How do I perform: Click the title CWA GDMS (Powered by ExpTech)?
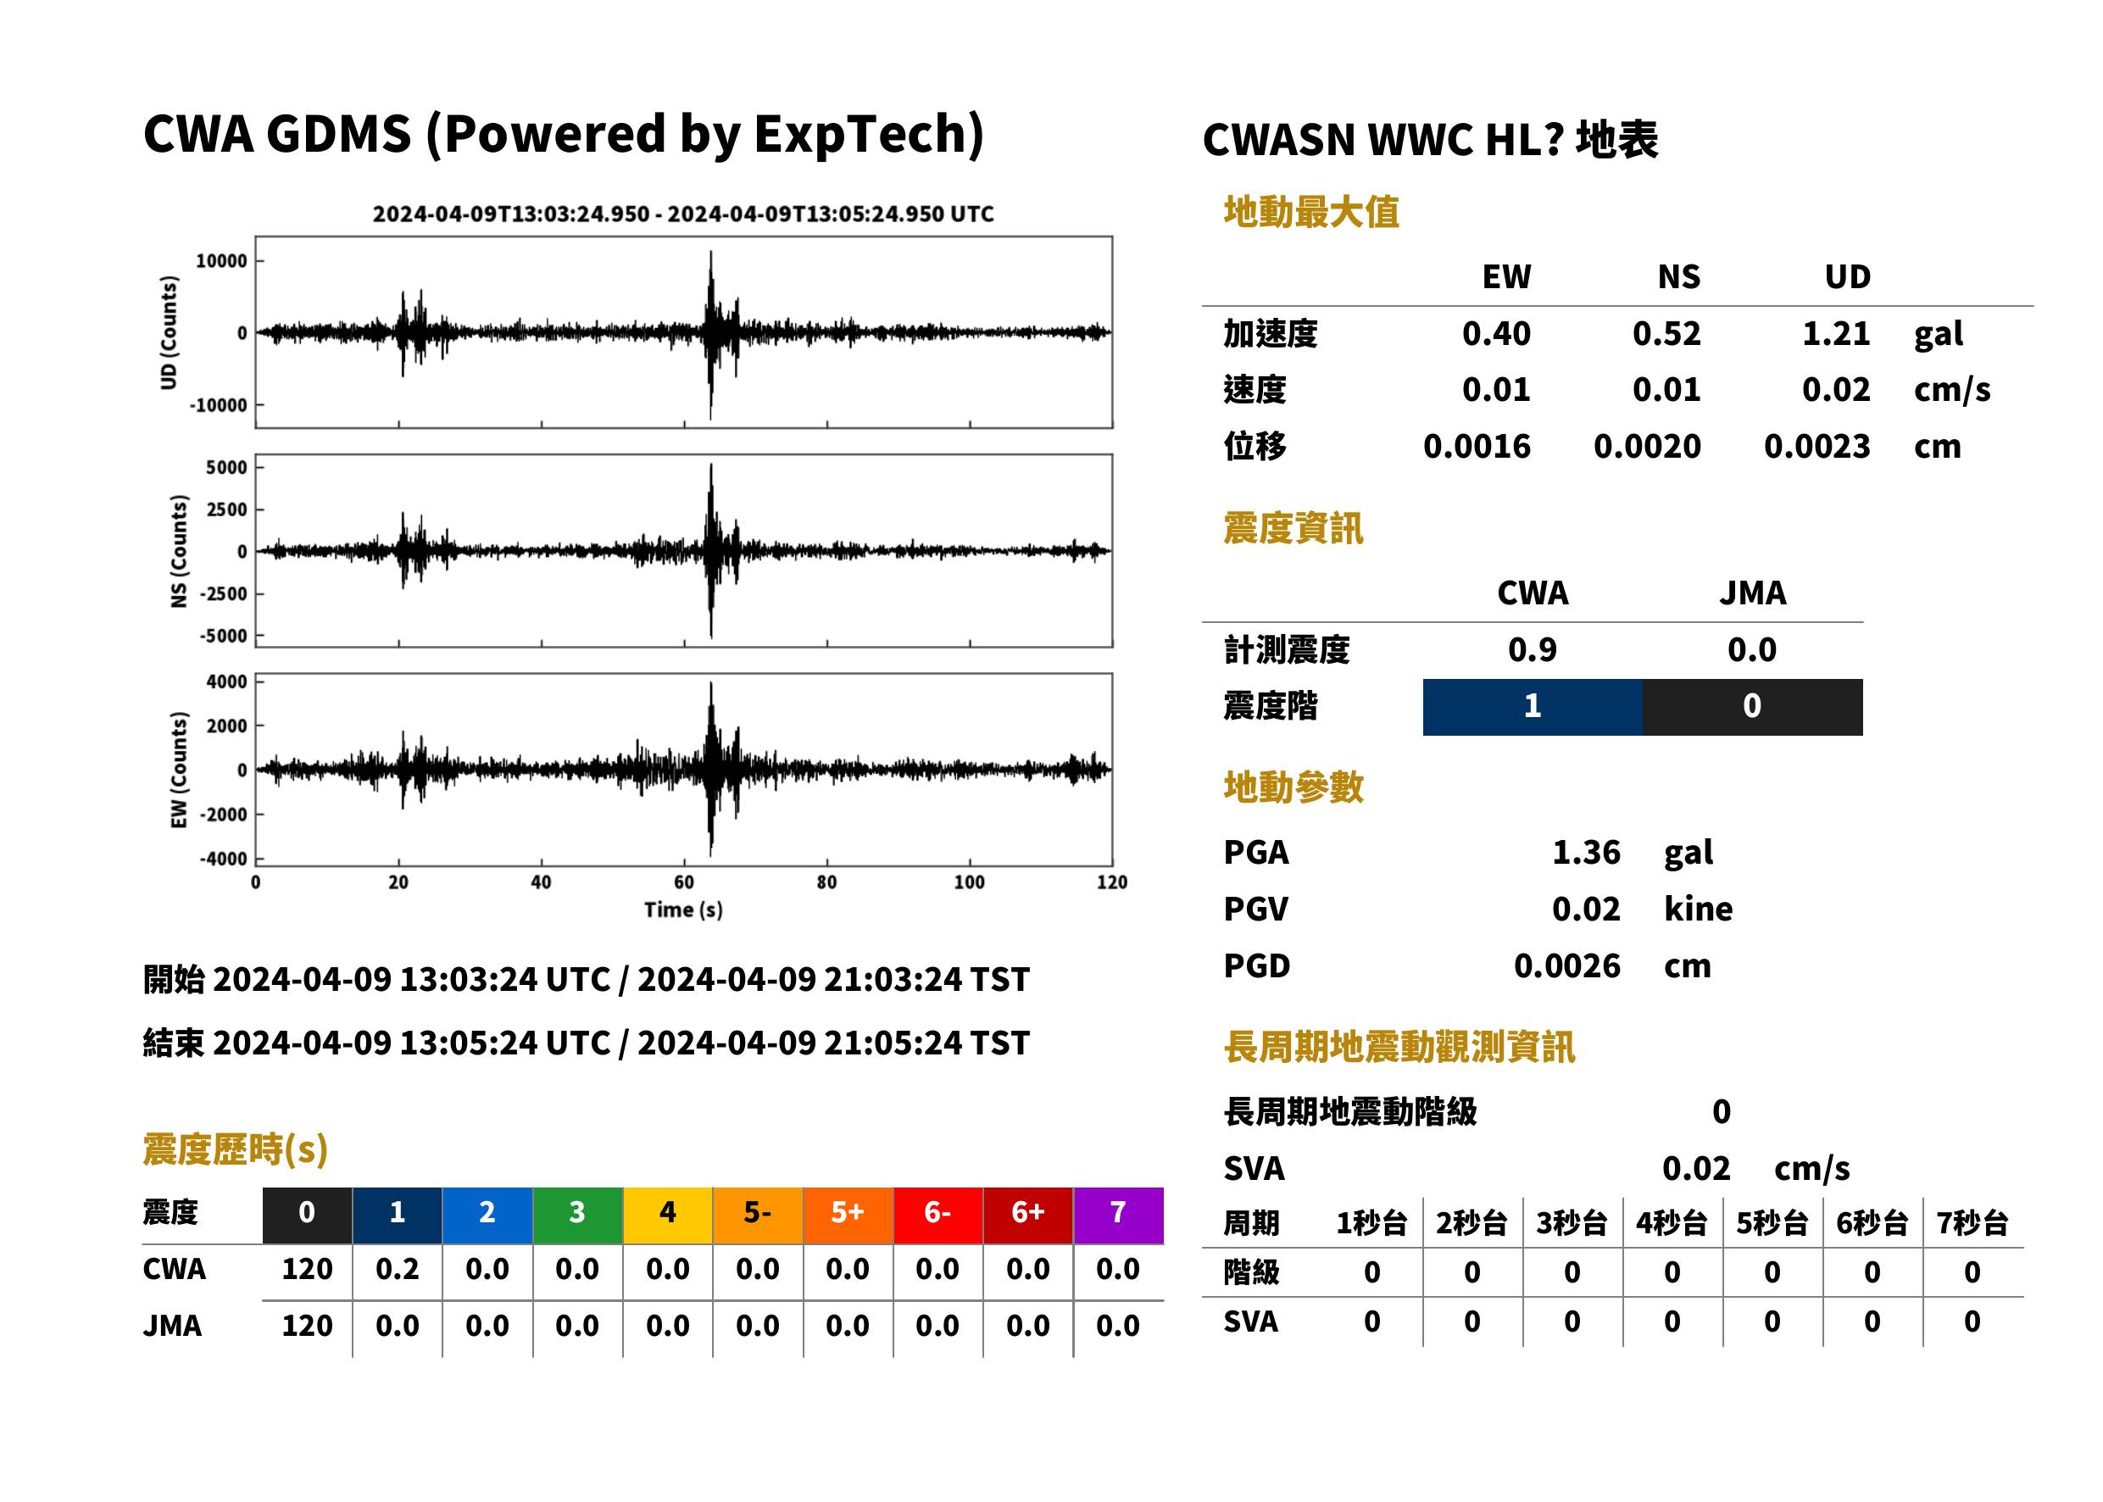point(563,134)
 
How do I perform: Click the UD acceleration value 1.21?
point(1836,333)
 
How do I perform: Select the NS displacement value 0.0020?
point(1647,447)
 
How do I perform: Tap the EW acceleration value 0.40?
point(1495,333)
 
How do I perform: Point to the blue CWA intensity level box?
point(1533,707)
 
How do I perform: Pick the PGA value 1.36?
point(1586,852)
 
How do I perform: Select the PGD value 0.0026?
point(1567,965)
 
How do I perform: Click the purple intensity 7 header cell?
point(1118,1215)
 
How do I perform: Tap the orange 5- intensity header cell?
point(758,1215)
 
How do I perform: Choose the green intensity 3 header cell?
point(577,1215)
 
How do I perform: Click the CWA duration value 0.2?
point(397,1269)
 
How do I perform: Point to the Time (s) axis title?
point(683,910)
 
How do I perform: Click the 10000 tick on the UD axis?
point(222,261)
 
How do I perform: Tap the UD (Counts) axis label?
point(169,332)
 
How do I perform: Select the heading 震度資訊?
point(1293,529)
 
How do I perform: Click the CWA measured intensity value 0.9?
point(1533,649)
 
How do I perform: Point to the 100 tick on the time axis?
point(969,882)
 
